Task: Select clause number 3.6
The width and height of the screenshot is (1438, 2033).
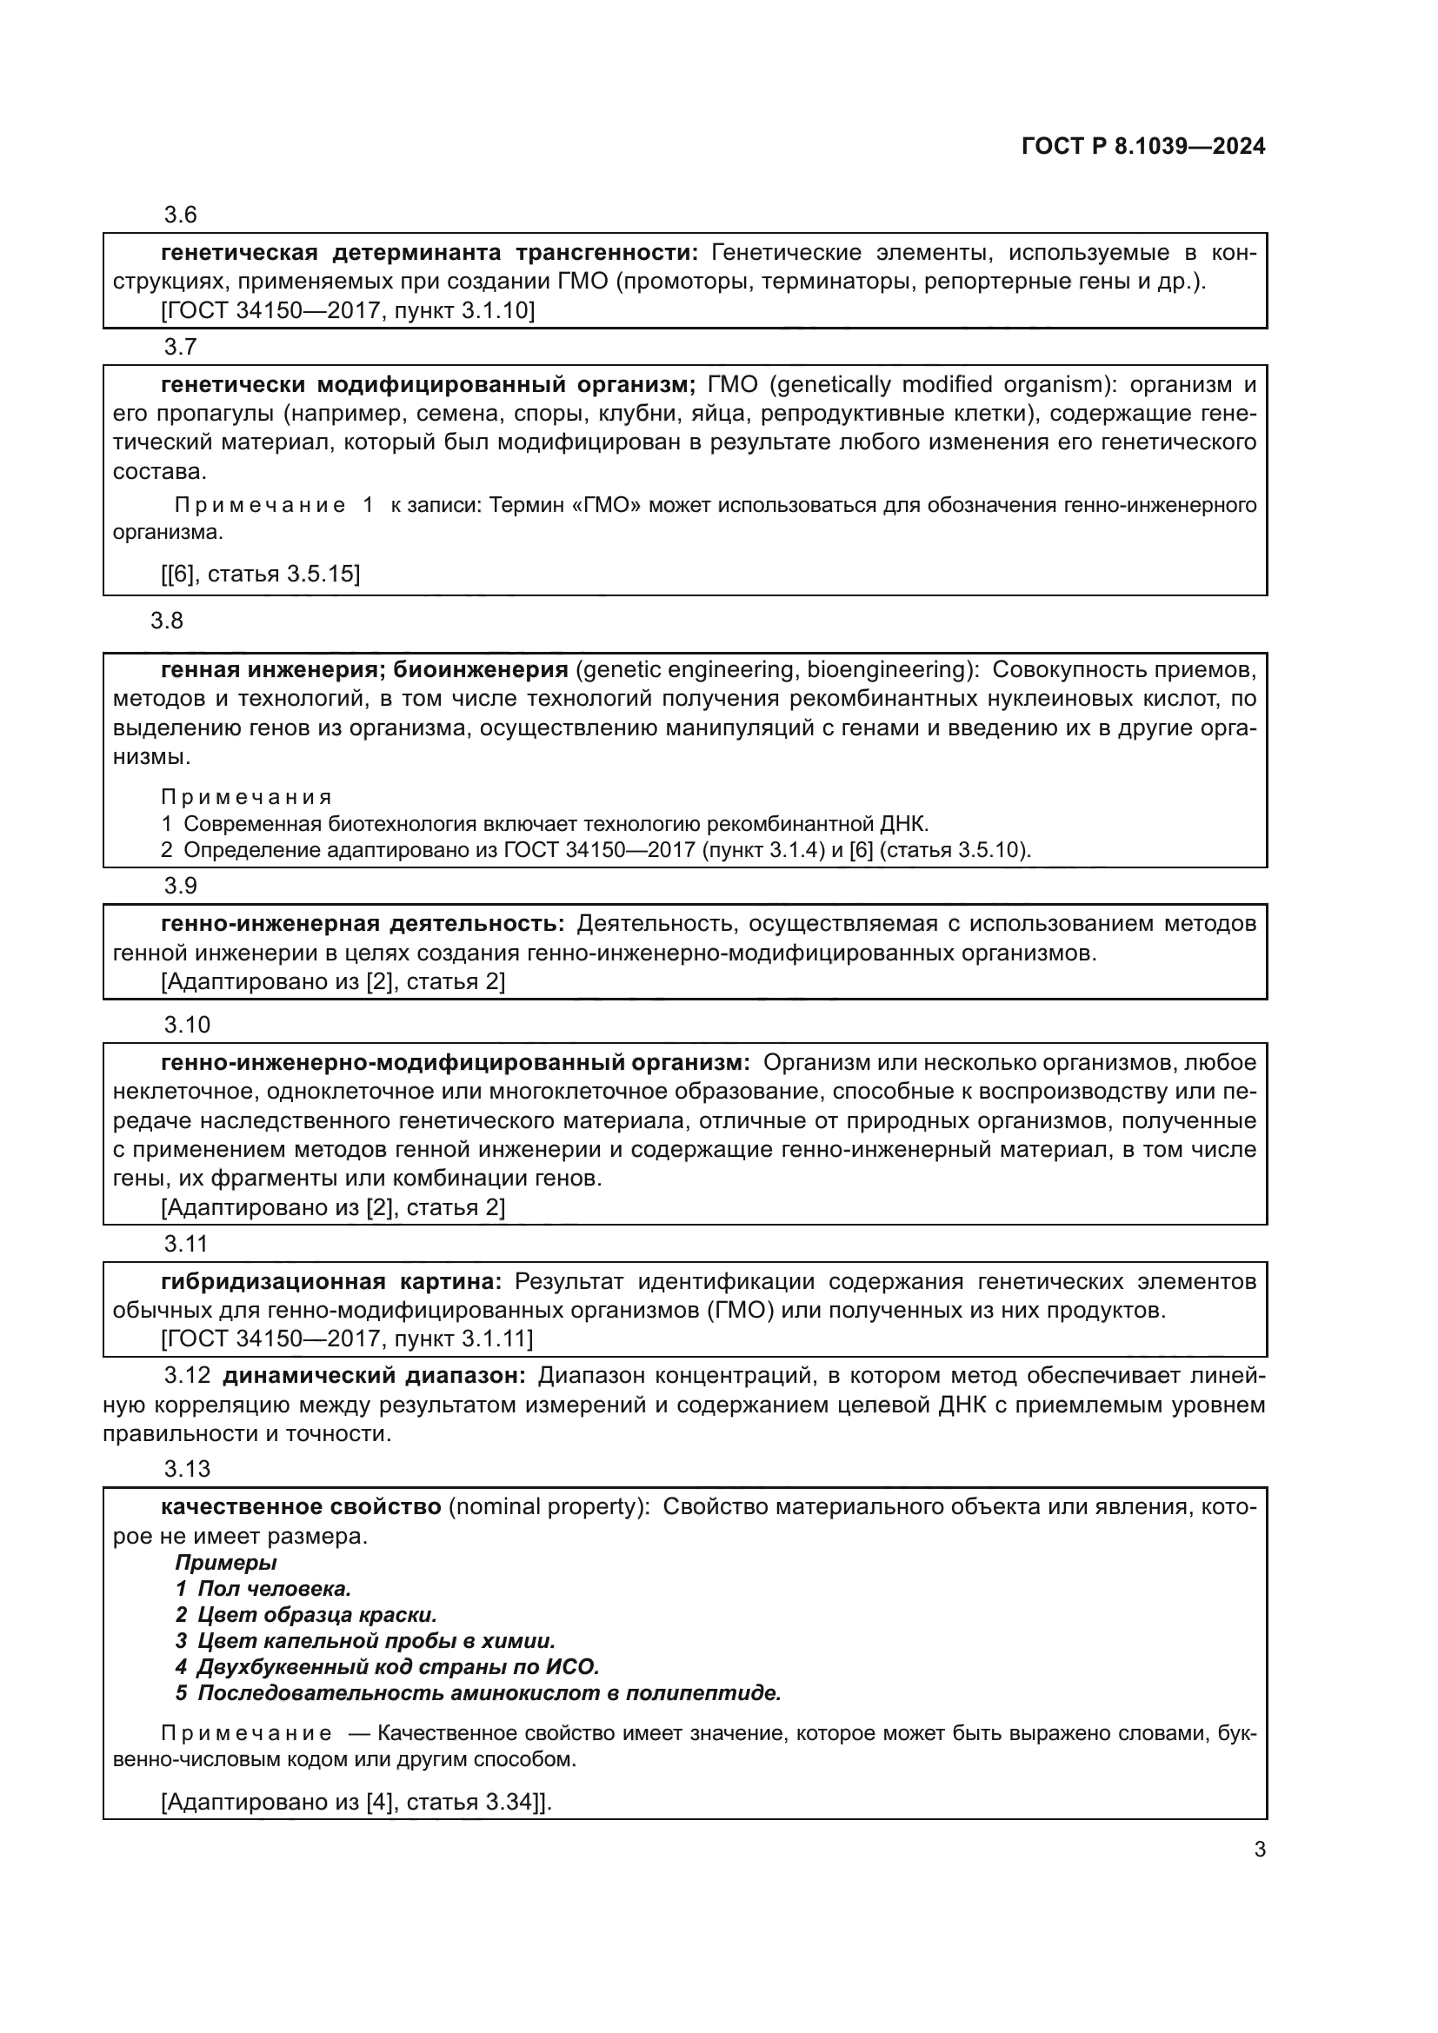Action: coord(180,216)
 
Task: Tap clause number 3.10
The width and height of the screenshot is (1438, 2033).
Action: coord(187,1026)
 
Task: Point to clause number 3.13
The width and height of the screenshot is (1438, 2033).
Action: coord(187,1469)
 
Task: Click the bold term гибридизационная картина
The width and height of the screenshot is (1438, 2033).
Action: coord(331,1281)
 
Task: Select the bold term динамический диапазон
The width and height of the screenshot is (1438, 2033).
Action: coord(374,1376)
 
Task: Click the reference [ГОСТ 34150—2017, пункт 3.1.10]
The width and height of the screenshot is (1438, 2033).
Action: coord(348,311)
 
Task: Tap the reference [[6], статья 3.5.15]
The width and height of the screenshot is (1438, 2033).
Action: coord(260,574)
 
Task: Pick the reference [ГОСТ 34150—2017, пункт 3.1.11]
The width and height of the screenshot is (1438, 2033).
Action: coord(347,1339)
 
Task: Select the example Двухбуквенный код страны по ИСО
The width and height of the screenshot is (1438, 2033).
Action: coord(396,1667)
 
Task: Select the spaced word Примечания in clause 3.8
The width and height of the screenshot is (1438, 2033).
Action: coord(246,798)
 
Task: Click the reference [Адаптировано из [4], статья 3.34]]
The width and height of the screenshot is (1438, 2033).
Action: coord(356,1802)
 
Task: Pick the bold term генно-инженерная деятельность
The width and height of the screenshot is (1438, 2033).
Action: coord(363,925)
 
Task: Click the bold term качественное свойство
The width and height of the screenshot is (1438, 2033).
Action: coord(301,1507)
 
